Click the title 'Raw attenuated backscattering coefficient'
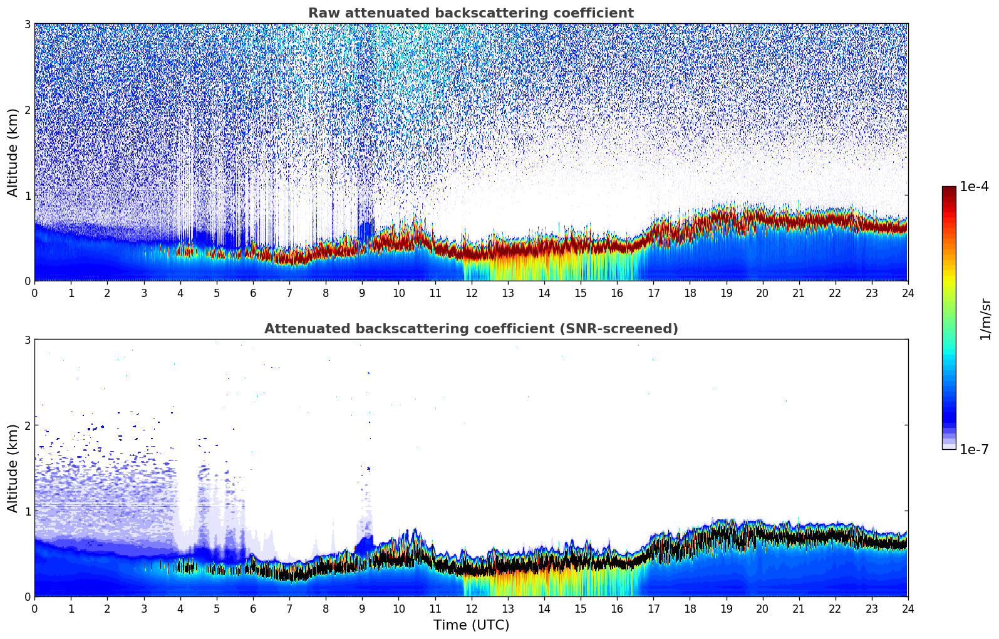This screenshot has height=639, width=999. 470,13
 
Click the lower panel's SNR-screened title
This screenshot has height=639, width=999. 470,329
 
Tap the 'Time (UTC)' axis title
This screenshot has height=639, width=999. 471,625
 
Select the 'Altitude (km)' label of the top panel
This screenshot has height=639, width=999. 13,152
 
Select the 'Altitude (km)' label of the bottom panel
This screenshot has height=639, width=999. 13,468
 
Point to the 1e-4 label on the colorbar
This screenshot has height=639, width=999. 974,187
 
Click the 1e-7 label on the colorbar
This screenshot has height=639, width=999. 974,449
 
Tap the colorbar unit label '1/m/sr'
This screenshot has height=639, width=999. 985,319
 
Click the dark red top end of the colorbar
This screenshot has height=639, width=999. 949,189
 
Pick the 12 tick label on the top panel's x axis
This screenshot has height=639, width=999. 471,293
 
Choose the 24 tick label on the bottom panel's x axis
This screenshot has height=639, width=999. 908,608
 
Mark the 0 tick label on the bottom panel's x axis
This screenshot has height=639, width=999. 34,608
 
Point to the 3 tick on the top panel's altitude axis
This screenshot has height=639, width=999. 27,24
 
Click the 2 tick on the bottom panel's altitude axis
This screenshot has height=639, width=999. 27,425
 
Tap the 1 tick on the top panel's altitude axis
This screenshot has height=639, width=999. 27,195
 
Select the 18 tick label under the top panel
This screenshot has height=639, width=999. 690,293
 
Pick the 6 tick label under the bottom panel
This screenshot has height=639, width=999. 253,608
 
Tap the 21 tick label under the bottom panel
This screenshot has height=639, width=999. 799,608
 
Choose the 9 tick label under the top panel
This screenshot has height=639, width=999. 362,293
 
